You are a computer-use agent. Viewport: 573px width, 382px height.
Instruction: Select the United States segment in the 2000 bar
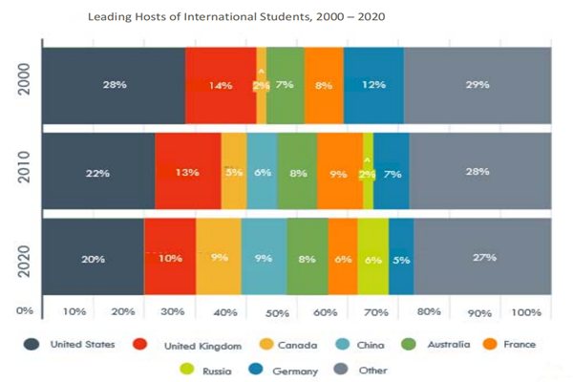click(x=114, y=85)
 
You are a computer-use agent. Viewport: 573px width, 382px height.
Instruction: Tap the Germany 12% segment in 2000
click(x=373, y=85)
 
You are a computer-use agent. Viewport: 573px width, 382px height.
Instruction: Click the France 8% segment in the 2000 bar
click(x=324, y=85)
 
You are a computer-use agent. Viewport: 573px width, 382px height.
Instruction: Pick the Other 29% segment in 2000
click(x=477, y=85)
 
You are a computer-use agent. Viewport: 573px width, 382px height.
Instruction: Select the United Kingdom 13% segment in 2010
click(x=187, y=172)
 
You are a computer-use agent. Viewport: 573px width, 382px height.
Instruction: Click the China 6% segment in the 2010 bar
click(x=263, y=172)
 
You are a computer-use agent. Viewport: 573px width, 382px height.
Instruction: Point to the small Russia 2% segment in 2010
click(x=368, y=174)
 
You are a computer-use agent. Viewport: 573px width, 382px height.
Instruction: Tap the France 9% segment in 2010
click(x=339, y=172)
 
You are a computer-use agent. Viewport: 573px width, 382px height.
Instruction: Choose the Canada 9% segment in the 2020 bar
click(x=219, y=258)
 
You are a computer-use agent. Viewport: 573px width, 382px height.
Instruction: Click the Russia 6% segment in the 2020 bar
click(x=373, y=258)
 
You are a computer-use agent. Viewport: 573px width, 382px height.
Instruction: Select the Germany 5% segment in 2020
click(x=401, y=258)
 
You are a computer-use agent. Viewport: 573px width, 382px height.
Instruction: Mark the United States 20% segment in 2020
click(x=93, y=258)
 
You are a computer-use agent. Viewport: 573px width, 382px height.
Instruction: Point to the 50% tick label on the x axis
click(x=276, y=313)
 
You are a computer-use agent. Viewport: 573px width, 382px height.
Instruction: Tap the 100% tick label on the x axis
click(x=526, y=313)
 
